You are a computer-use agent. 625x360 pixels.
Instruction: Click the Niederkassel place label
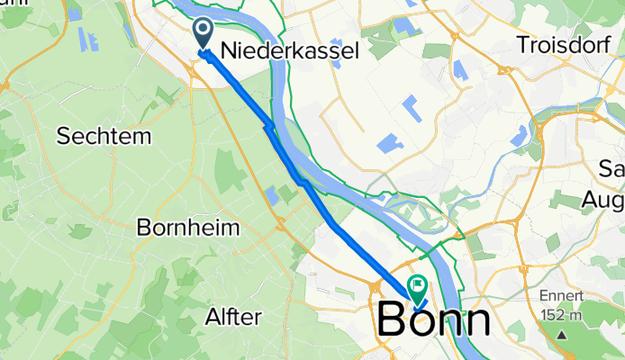click(x=307, y=50)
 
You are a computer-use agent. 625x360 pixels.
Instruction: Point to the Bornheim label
click(x=188, y=227)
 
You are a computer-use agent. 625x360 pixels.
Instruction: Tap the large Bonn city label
click(x=435, y=320)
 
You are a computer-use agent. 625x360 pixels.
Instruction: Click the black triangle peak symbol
click(x=563, y=334)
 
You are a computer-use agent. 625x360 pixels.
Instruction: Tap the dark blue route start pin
click(x=204, y=34)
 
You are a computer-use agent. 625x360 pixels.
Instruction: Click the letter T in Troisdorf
click(x=523, y=43)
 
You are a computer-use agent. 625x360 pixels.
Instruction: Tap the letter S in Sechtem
click(x=64, y=136)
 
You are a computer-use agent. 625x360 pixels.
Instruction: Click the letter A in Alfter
click(x=213, y=317)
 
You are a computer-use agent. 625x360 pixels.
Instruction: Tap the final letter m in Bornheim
click(x=231, y=227)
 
